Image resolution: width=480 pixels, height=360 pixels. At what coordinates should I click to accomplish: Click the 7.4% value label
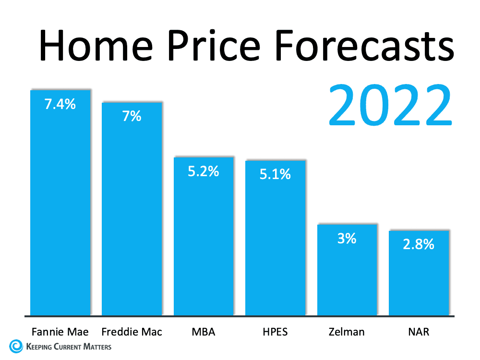pos(60,104)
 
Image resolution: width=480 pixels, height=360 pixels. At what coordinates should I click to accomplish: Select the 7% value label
pos(132,116)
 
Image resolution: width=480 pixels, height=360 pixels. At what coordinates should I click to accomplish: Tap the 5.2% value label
pos(204,171)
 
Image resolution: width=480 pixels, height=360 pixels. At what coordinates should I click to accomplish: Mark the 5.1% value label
pos(275,174)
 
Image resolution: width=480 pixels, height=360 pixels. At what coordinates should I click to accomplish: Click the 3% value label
pos(347,238)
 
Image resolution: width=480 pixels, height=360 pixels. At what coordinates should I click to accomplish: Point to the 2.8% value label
pos(419,244)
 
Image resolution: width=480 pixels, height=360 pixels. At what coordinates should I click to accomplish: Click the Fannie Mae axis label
pos(60,332)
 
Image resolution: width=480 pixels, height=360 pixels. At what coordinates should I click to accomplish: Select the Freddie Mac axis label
pos(132,332)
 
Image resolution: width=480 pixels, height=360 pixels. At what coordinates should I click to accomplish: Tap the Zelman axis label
pos(347,332)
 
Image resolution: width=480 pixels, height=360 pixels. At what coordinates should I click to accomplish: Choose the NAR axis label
pos(419,332)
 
